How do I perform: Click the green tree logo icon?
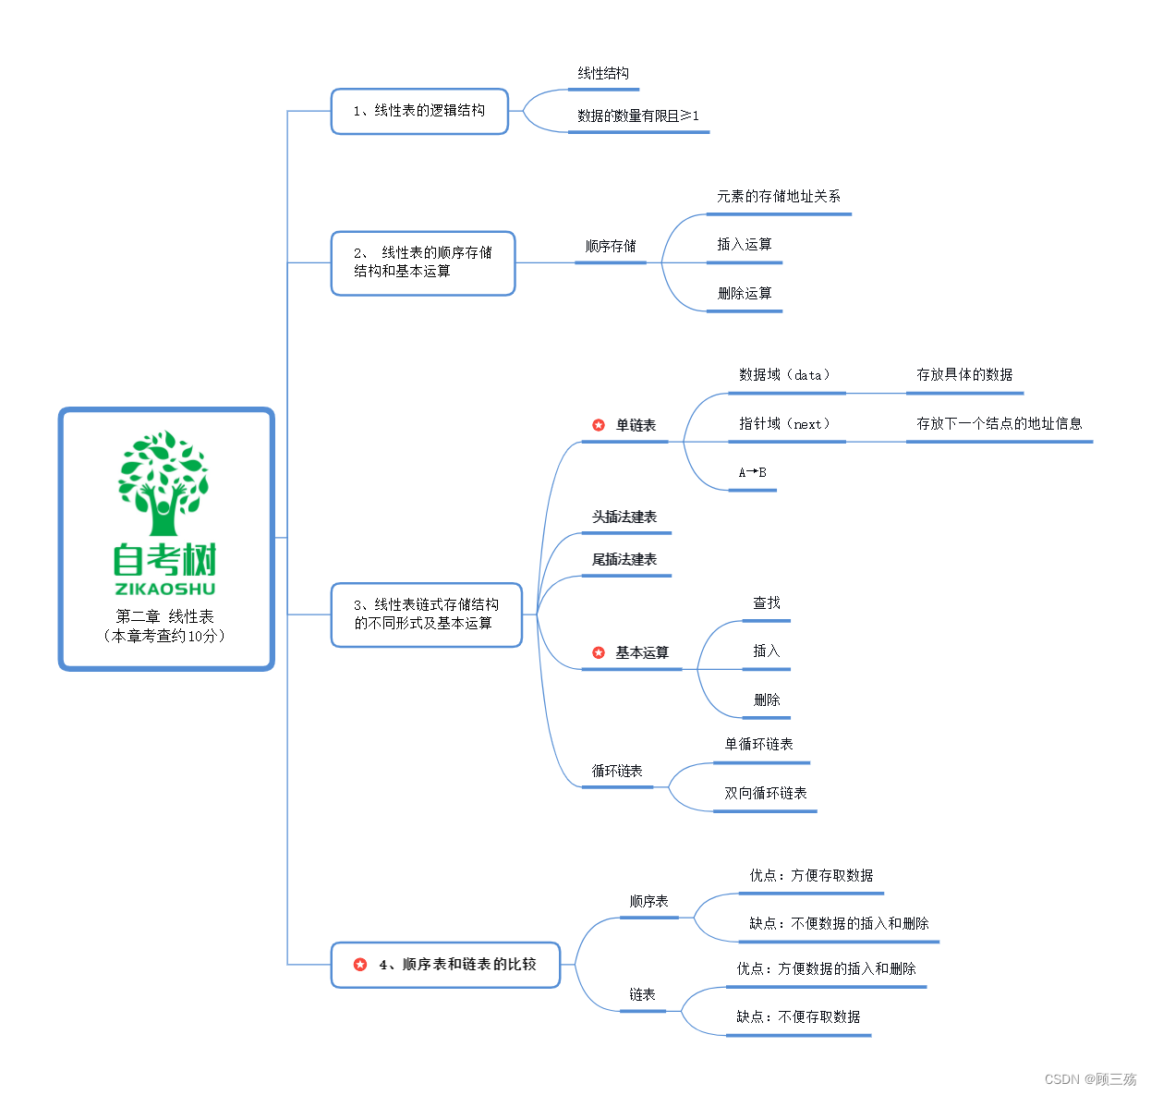[x=164, y=482]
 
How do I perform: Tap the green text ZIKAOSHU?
[x=165, y=589]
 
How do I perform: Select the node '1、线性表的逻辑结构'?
[x=419, y=111]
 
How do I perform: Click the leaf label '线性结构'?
[x=603, y=74]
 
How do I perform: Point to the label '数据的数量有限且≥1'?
[x=638, y=116]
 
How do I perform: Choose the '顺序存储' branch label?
[x=611, y=247]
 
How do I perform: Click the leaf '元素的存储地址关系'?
[x=779, y=197]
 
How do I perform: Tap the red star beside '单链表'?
[x=599, y=425]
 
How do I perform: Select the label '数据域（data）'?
[x=785, y=375]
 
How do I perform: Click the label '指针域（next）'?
[x=785, y=424]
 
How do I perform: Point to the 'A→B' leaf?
[x=752, y=472]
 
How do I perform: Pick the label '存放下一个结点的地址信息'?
[x=999, y=424]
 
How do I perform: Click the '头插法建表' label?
[x=624, y=517]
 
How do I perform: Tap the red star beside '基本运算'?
[x=599, y=653]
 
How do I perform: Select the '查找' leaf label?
[x=767, y=603]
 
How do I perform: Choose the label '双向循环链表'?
[x=766, y=794]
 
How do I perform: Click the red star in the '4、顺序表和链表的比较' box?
[x=360, y=965]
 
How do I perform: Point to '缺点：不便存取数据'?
[x=798, y=1017]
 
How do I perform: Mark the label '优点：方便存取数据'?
[x=811, y=876]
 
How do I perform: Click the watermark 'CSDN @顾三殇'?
[x=1090, y=1079]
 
